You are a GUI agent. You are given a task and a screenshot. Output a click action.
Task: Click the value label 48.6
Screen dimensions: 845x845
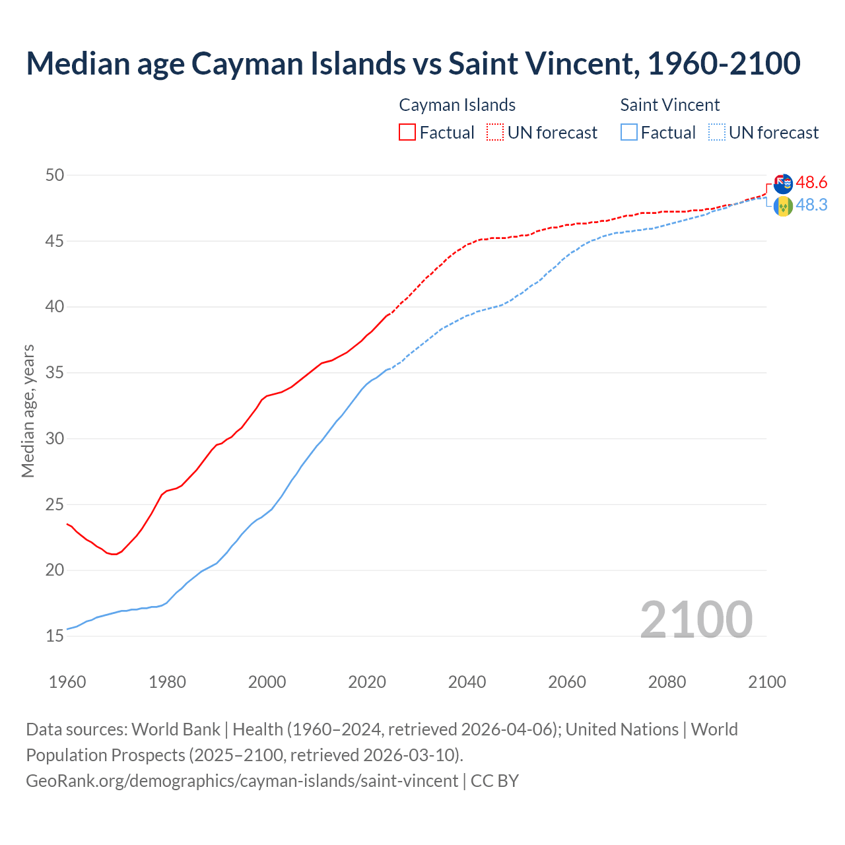pyautogui.click(x=811, y=182)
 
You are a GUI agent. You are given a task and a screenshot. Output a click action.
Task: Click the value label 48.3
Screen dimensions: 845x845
pyautogui.click(x=811, y=205)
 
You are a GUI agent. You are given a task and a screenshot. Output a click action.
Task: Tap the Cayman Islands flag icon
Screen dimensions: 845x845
pyautogui.click(x=783, y=184)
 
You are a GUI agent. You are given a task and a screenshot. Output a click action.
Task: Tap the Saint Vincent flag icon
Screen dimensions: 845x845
pyautogui.click(x=783, y=207)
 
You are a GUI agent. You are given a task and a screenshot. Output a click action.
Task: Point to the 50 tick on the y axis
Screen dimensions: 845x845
pyautogui.click(x=55, y=175)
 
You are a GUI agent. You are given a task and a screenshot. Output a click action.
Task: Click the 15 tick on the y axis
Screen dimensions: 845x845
pyautogui.click(x=55, y=636)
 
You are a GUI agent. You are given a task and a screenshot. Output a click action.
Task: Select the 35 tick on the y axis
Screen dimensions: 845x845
pyautogui.click(x=55, y=373)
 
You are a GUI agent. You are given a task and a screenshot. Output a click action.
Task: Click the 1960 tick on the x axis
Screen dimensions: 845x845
pyautogui.click(x=67, y=682)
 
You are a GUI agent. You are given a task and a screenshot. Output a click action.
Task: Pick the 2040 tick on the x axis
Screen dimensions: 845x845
pyautogui.click(x=467, y=682)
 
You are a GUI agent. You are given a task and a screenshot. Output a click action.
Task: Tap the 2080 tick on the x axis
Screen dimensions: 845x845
pyautogui.click(x=667, y=682)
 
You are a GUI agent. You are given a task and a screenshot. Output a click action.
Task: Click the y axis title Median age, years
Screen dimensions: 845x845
pyautogui.click(x=28, y=411)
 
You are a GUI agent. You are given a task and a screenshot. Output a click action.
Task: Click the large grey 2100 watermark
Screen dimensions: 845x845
pyautogui.click(x=696, y=619)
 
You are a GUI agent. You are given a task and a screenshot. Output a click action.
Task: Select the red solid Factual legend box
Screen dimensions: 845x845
pyautogui.click(x=407, y=133)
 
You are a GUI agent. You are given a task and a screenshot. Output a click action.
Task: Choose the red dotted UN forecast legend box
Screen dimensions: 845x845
pyautogui.click(x=495, y=133)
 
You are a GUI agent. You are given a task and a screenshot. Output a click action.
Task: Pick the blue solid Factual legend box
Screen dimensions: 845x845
pyautogui.click(x=629, y=133)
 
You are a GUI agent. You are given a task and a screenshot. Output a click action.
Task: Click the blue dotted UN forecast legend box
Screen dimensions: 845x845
pyautogui.click(x=717, y=133)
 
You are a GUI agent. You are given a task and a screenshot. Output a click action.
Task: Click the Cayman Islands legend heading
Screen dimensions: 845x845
pyautogui.click(x=457, y=105)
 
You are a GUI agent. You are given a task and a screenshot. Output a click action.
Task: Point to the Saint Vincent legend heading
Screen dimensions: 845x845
pyautogui.click(x=669, y=105)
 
